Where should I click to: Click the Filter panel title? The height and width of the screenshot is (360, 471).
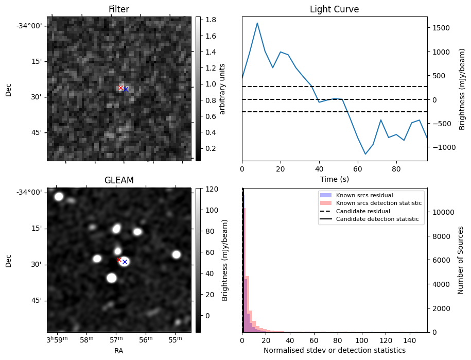point(118,9)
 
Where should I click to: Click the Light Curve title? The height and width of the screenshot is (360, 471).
point(334,9)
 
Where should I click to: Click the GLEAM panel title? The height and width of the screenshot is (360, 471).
point(118,180)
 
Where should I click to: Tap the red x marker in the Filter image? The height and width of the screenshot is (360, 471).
point(121,88)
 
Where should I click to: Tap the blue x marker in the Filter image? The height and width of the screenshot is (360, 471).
point(126,89)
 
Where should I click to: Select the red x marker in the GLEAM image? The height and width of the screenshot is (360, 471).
point(119,260)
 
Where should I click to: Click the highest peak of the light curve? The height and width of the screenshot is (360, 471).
point(257,23)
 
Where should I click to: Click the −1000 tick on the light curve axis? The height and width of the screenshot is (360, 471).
point(441,147)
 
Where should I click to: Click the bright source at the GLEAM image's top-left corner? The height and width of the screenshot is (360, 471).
point(59,196)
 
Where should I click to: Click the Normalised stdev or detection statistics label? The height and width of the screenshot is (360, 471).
point(334,350)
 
